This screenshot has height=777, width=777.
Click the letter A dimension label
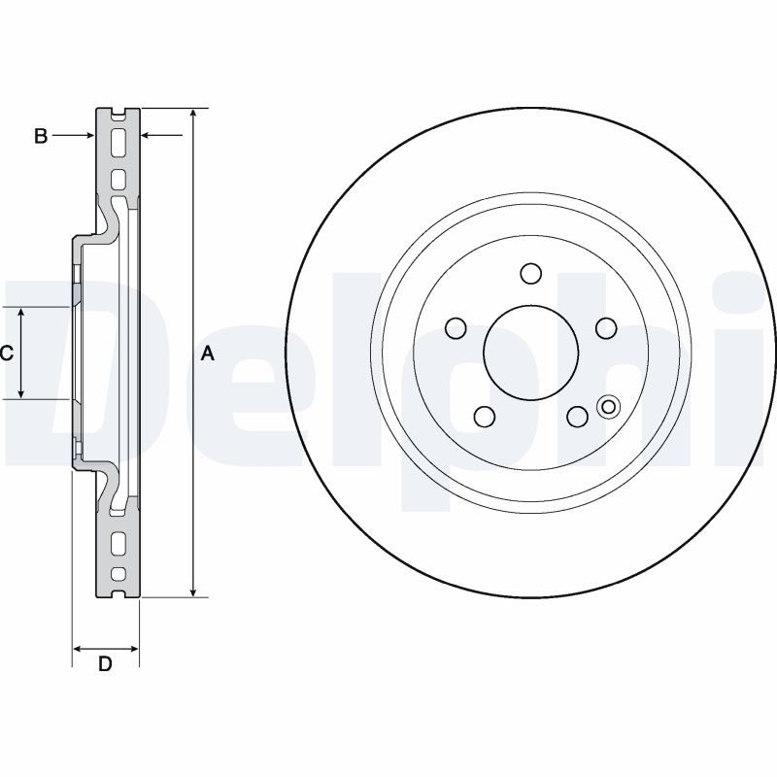coord(206,355)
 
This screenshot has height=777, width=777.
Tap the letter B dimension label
coord(41,137)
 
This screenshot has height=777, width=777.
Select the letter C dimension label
coord(6,354)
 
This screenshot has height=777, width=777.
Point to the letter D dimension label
coord(105,664)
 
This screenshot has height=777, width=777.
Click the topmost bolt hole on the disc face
coord(530,274)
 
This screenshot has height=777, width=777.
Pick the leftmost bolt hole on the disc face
coord(453,328)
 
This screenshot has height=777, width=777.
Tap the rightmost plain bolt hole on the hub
coord(606,328)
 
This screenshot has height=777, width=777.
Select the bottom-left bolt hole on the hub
coord(483,418)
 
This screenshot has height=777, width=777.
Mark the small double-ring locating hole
coord(609,407)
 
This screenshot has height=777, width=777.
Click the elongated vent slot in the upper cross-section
coord(118,143)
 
